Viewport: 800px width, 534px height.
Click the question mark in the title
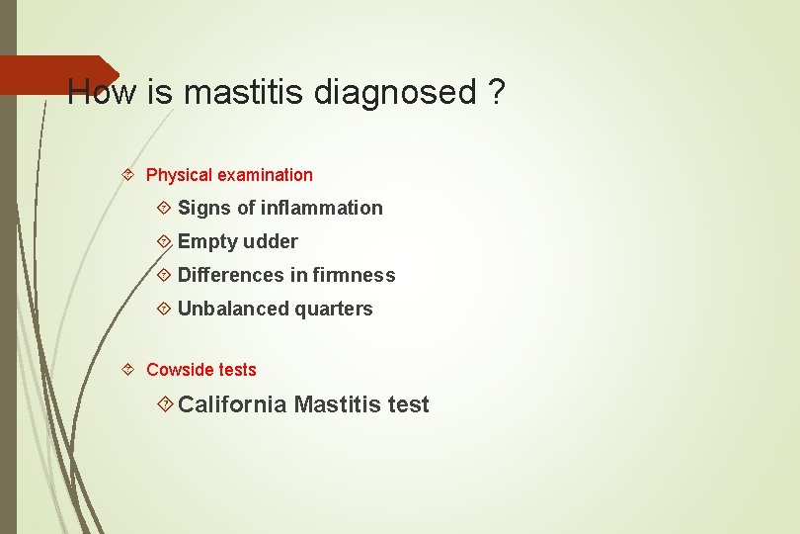(x=497, y=93)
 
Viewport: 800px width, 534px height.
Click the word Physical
(x=179, y=175)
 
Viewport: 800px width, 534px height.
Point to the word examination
(x=265, y=175)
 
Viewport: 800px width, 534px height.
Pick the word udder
(x=271, y=241)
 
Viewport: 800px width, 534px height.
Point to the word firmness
(x=354, y=275)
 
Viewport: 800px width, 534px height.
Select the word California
(x=232, y=404)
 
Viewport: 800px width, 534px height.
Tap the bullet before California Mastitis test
(x=166, y=403)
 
